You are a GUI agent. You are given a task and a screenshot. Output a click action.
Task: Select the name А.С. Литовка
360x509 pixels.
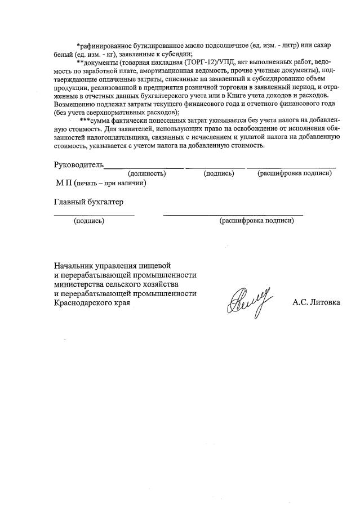pyautogui.click(x=316, y=302)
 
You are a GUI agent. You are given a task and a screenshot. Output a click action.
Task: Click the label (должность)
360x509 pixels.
pyautogui.click(x=147, y=173)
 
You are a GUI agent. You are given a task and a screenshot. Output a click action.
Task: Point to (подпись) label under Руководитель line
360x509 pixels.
pyautogui.click(x=219, y=173)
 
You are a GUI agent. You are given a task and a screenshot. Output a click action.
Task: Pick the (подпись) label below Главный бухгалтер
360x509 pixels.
pyautogui.click(x=89, y=221)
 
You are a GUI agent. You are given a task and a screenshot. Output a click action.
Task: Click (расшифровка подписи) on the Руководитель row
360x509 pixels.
pyautogui.click(x=294, y=173)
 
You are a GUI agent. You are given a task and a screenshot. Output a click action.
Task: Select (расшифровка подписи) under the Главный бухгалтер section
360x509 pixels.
pyautogui.click(x=256, y=221)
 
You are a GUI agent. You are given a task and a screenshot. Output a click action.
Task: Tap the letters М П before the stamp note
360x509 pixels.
pyautogui.click(x=62, y=183)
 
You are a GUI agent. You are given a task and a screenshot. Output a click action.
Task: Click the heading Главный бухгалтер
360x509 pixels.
pyautogui.click(x=88, y=202)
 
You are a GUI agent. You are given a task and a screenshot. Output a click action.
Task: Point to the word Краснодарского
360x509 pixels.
pyautogui.click(x=83, y=303)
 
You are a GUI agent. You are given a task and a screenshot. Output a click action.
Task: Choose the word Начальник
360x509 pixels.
pyautogui.click(x=74, y=265)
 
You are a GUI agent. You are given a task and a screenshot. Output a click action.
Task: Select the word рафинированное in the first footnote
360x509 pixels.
pyautogui.click(x=109, y=44)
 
